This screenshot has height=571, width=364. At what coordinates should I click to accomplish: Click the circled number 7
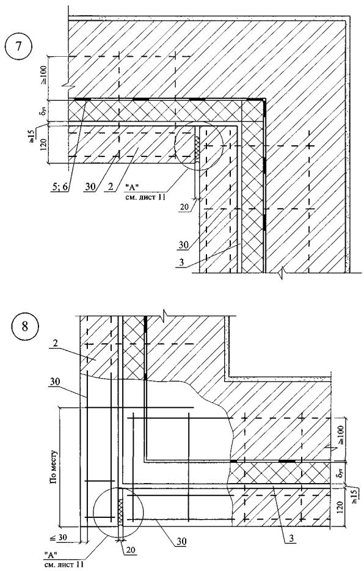(18, 48)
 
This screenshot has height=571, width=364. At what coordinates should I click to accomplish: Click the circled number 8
(25, 326)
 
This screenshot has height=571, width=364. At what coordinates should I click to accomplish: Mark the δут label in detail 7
(43, 110)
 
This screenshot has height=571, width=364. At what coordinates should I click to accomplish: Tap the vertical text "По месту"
(54, 467)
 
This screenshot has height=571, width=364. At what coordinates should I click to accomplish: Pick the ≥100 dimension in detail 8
(341, 435)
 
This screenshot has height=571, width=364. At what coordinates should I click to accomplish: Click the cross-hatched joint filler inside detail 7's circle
(197, 148)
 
